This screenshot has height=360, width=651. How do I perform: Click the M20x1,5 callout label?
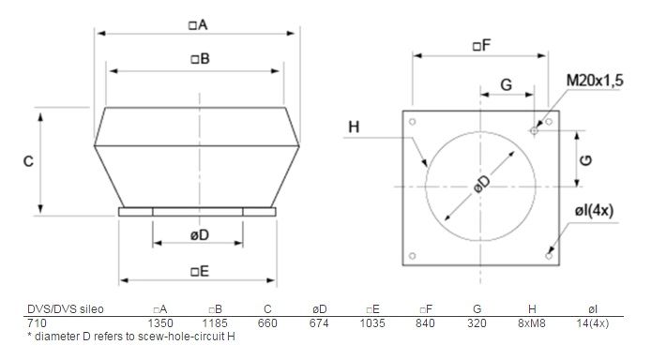(x=595, y=81)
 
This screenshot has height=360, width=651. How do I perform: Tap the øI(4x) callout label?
(x=594, y=211)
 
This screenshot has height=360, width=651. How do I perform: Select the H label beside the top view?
(x=354, y=127)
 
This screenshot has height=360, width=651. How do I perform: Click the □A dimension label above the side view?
(x=198, y=25)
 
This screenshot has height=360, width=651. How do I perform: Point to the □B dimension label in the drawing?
(x=200, y=59)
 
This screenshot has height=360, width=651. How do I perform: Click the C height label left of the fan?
(x=28, y=161)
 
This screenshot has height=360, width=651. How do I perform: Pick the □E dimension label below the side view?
(x=200, y=271)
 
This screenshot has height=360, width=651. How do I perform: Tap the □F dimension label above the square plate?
(x=481, y=45)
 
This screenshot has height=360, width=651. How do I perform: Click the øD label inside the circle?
(x=482, y=184)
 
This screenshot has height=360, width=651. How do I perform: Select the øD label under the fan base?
(x=200, y=235)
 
